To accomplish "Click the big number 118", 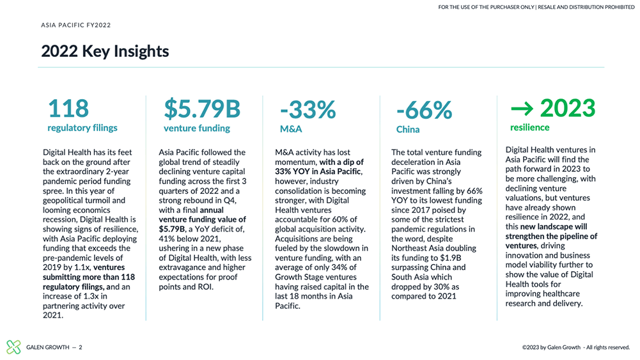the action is click(68, 109).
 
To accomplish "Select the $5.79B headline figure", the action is click(202, 109).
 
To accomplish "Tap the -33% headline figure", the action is click(308, 110).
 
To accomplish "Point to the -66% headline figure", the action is click(424, 110).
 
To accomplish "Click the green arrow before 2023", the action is click(522, 108).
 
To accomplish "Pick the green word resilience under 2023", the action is click(530, 127).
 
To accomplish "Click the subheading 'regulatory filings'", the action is click(82, 128).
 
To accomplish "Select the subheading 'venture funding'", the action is click(197, 128).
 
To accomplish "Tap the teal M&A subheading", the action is click(291, 129).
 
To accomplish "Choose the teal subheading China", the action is click(408, 129).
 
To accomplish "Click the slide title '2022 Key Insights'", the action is click(105, 51).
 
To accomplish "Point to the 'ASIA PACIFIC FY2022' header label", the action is click(76, 25).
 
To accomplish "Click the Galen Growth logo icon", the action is click(13, 347).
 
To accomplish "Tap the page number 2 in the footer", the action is click(81, 347).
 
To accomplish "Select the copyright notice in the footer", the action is click(576, 347).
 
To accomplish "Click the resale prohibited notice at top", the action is click(536, 7).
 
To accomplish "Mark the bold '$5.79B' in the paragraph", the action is click(172, 229).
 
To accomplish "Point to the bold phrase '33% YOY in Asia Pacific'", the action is click(318, 171).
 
